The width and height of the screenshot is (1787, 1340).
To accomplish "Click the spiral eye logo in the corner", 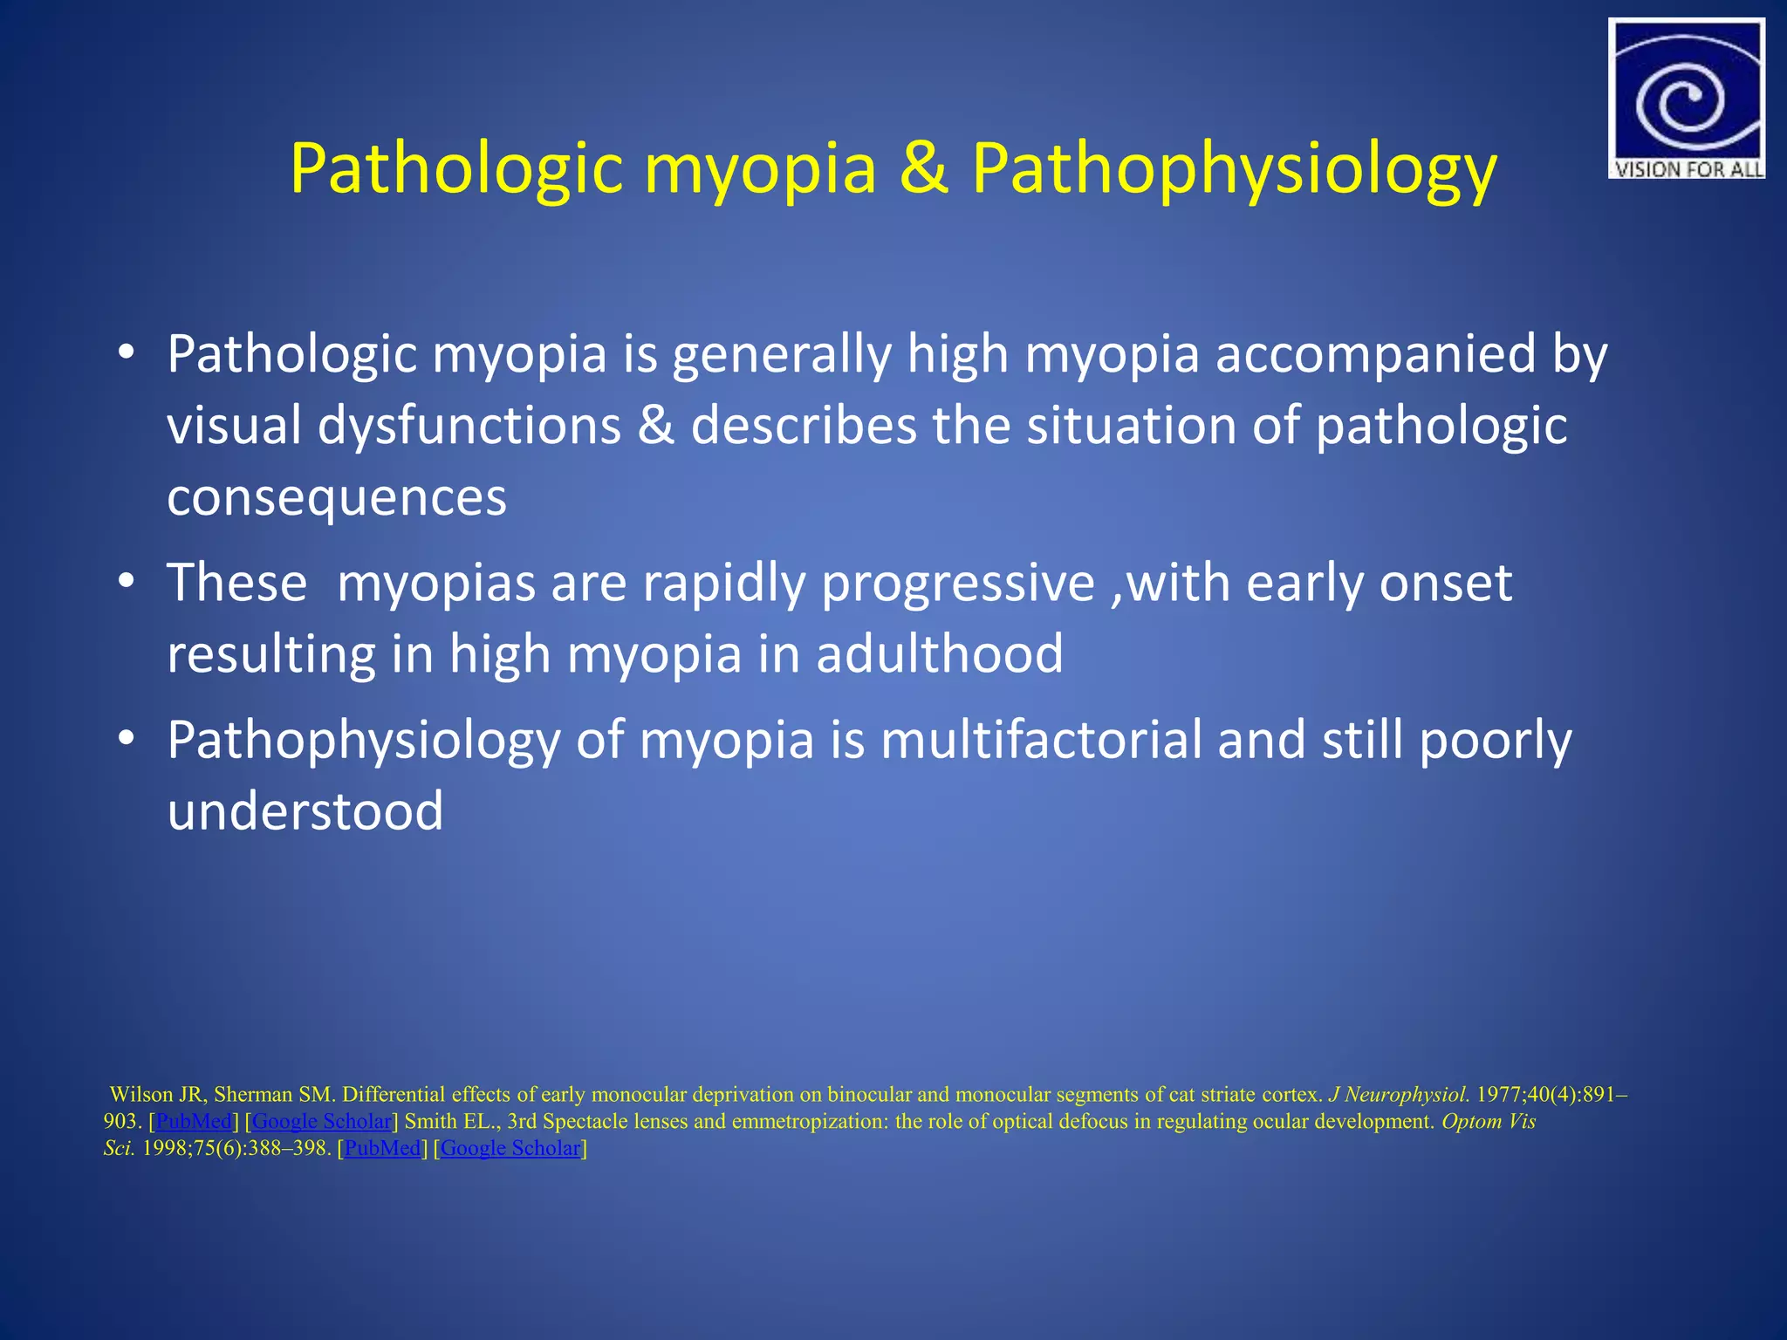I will click(x=1685, y=92).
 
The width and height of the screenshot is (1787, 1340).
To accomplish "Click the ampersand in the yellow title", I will click(x=923, y=167).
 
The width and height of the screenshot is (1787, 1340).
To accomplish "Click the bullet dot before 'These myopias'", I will click(x=127, y=581).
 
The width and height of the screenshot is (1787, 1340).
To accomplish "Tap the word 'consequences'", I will click(x=337, y=497).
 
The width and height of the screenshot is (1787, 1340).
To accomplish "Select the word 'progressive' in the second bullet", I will click(x=958, y=583).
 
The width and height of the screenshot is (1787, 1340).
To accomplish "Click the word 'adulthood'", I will click(x=940, y=654).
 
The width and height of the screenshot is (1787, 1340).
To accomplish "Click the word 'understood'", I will click(x=305, y=811).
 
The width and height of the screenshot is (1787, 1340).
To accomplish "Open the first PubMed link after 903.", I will click(x=194, y=1121).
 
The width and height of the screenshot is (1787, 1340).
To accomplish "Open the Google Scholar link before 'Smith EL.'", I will click(x=321, y=1121).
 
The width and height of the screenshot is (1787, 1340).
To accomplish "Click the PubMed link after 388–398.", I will click(x=382, y=1148).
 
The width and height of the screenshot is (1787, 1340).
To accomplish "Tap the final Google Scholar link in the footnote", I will click(x=510, y=1148).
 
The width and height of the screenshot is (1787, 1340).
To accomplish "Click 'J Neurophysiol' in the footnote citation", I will click(x=1397, y=1094).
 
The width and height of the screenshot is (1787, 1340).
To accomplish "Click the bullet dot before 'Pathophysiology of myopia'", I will click(x=127, y=738).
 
